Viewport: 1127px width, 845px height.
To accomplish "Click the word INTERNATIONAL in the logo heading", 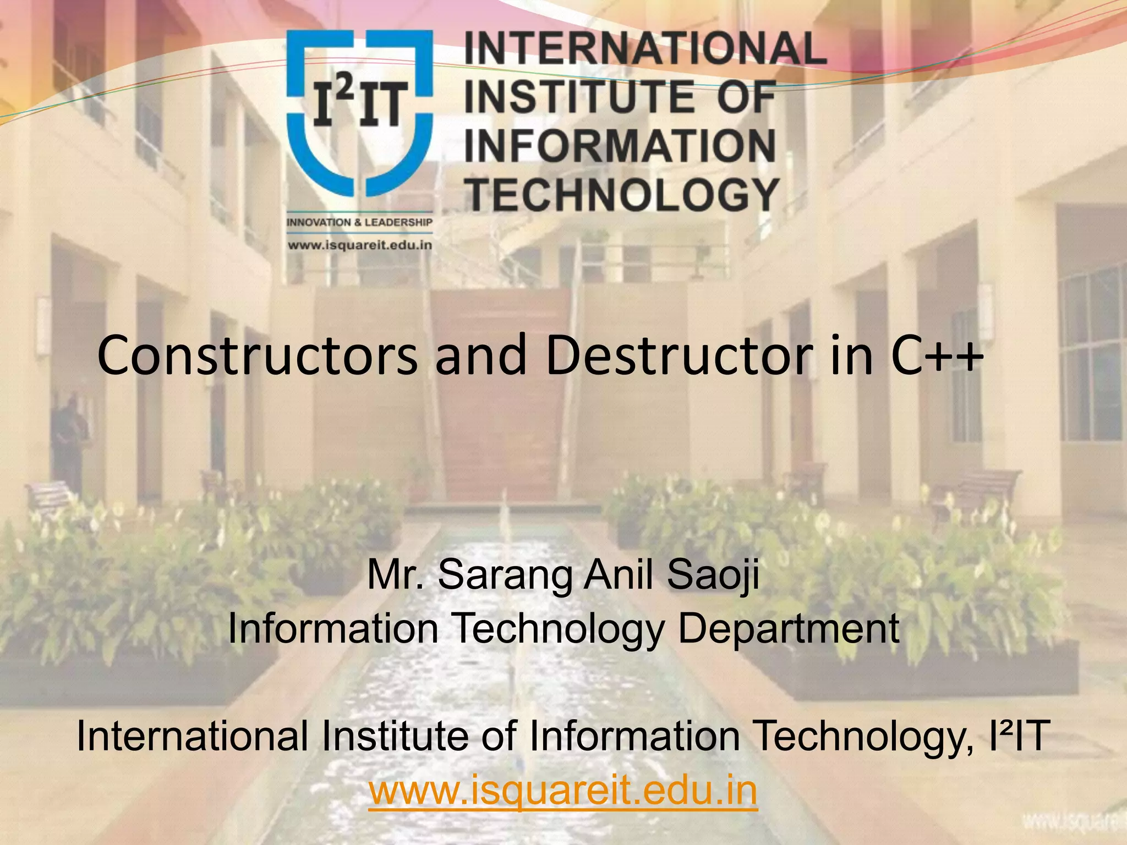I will (645, 48).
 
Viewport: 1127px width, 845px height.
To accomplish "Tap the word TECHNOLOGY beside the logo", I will (622, 195).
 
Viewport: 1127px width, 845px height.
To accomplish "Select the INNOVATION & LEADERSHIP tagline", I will (359, 222).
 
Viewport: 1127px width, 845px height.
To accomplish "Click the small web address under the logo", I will (359, 245).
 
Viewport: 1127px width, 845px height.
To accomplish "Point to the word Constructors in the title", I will (257, 356).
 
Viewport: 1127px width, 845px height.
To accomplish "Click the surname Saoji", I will (713, 575).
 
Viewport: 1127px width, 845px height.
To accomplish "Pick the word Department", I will (789, 628).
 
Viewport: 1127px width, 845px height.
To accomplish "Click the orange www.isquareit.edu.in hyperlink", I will (563, 790).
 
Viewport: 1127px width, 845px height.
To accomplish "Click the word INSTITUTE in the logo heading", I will (572, 97).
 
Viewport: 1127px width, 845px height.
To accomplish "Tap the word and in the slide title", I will (480, 356).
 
